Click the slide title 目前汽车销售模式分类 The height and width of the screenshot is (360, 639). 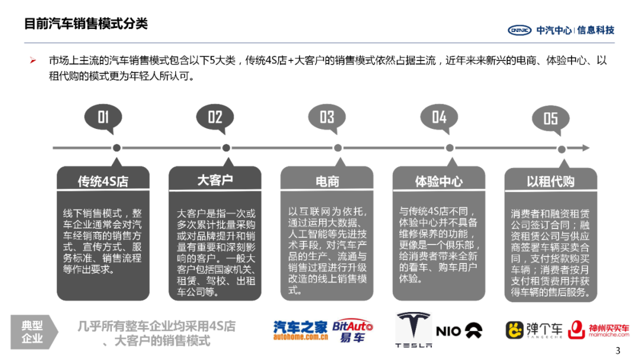click(x=85, y=24)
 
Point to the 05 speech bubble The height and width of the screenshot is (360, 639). click(x=550, y=118)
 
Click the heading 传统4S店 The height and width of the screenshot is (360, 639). click(x=103, y=181)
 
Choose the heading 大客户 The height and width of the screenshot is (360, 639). click(x=215, y=180)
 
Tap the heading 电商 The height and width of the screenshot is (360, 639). click(x=327, y=181)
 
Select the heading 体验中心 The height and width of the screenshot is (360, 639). click(x=438, y=181)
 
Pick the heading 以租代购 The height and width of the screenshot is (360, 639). click(x=550, y=181)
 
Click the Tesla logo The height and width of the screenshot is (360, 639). click(x=414, y=329)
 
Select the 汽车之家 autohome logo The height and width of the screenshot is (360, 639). click(x=300, y=330)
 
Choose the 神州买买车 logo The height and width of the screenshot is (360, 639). click(x=599, y=330)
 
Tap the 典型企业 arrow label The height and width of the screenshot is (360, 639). click(x=34, y=332)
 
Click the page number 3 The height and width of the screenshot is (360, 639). click(x=618, y=351)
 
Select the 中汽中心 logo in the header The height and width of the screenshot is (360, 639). click(x=560, y=30)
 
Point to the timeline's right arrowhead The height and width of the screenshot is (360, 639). click(x=586, y=147)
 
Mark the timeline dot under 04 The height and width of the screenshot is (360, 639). click(x=450, y=148)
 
